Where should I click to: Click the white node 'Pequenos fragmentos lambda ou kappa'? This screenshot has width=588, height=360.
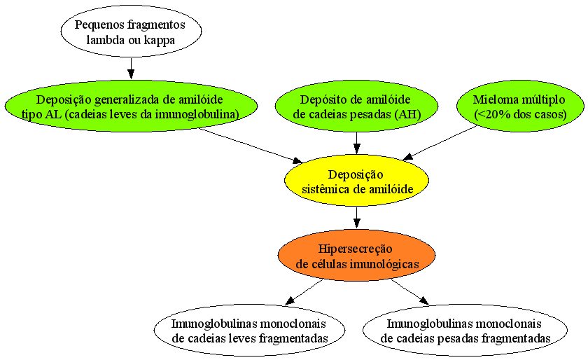[x=131, y=31]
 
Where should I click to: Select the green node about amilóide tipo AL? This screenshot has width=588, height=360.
[x=131, y=106]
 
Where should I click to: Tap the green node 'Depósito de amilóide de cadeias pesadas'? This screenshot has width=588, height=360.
[x=356, y=106]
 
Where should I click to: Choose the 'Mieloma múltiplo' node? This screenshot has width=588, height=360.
[x=520, y=106]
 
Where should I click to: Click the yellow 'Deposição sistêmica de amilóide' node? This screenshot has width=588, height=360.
[x=356, y=181]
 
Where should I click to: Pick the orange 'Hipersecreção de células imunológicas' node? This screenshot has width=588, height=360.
[x=356, y=255]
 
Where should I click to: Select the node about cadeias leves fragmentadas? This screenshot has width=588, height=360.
[x=249, y=331]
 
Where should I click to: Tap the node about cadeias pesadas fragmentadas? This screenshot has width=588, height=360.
[x=465, y=331]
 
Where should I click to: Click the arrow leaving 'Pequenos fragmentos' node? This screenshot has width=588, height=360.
[x=131, y=69]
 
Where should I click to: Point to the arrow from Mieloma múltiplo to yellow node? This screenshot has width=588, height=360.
[x=440, y=143]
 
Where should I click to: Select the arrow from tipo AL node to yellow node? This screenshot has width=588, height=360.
[x=251, y=146]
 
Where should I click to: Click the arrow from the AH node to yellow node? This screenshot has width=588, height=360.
[x=356, y=143]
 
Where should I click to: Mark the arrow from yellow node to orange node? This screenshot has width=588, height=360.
[x=356, y=218]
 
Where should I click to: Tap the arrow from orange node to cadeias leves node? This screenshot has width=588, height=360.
[x=304, y=292]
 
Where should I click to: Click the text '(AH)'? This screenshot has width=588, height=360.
[x=408, y=114]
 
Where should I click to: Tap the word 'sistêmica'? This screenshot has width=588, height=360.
[x=326, y=189]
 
